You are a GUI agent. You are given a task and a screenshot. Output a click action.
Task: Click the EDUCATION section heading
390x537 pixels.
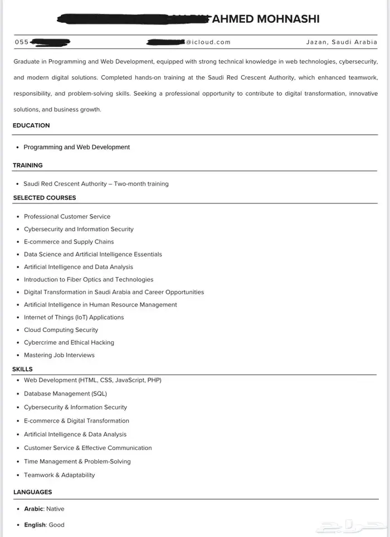[31, 125]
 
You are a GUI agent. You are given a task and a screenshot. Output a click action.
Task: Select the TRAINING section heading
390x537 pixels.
[28, 165]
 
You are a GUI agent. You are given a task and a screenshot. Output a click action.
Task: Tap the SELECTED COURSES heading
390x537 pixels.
[45, 198]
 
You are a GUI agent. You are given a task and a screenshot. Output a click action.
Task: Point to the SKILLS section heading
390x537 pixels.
[23, 369]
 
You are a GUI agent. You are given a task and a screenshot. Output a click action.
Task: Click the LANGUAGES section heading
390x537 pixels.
[33, 492]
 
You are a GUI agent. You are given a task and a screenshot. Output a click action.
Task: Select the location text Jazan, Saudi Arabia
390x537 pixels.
[342, 42]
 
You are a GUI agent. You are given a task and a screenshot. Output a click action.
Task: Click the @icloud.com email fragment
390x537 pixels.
[208, 42]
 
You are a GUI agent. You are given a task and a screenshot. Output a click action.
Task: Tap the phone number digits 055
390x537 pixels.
[22, 42]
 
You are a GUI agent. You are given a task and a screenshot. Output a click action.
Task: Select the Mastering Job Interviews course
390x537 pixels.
[59, 355]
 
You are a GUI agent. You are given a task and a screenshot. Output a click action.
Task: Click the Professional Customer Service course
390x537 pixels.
[67, 217]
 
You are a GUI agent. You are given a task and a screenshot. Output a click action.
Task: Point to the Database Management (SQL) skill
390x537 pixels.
[65, 394]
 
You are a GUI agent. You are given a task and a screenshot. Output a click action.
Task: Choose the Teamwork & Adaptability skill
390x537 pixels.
[59, 475]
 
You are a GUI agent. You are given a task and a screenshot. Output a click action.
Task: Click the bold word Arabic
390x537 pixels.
[33, 509]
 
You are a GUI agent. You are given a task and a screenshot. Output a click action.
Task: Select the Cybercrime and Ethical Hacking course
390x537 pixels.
[69, 343]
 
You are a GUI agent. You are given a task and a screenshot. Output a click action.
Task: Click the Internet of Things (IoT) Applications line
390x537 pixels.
[74, 318]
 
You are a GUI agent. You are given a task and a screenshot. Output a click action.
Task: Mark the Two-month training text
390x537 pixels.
[141, 184]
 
